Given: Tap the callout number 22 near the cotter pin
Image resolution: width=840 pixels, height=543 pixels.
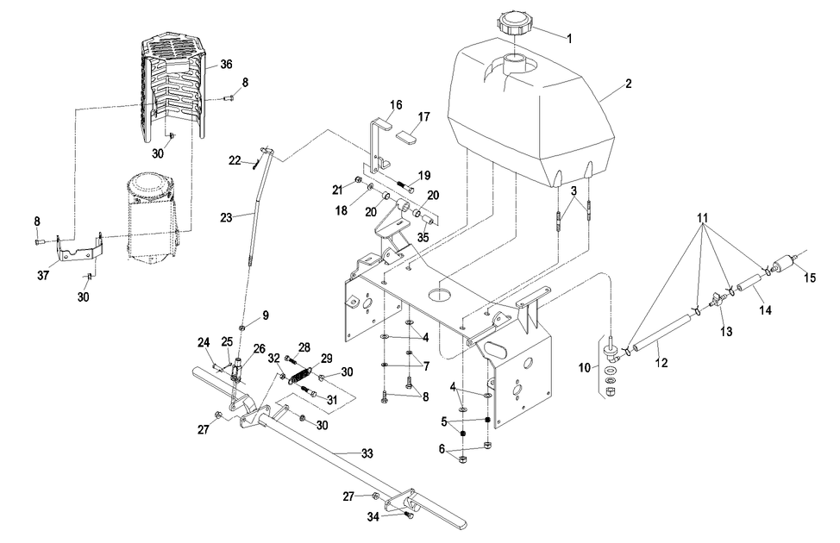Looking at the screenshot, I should (x=235, y=160).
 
